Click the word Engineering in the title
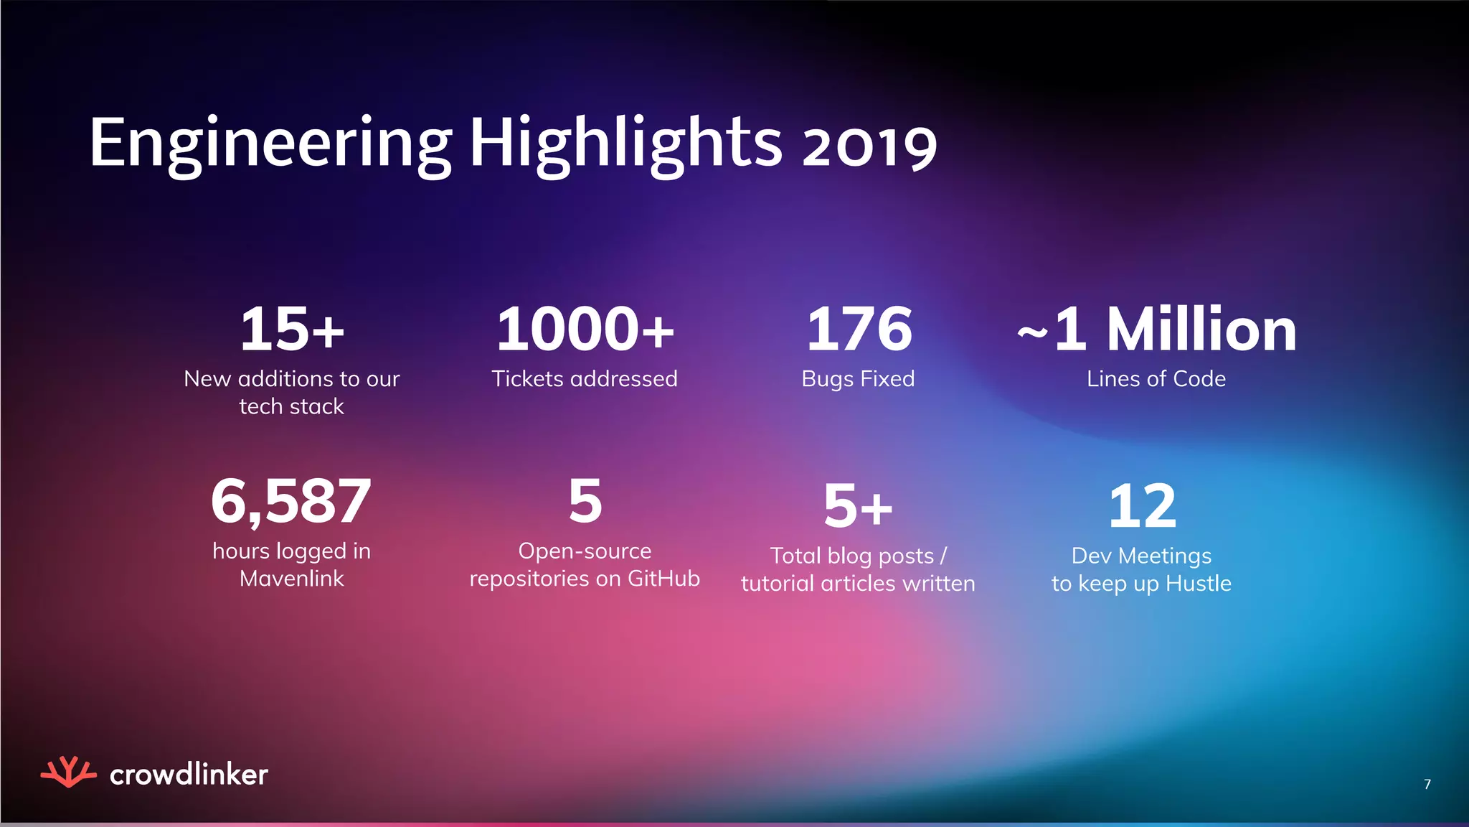click(271, 144)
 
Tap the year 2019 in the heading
click(869, 147)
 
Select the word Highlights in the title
click(625, 144)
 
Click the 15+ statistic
click(292, 330)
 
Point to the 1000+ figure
click(585, 330)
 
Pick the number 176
click(859, 330)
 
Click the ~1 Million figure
click(1157, 330)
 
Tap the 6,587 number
click(291, 502)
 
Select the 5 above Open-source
click(585, 502)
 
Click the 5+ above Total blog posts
click(858, 506)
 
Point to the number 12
click(1142, 506)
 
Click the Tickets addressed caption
click(585, 378)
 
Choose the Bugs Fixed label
click(858, 379)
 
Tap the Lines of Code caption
click(1156, 378)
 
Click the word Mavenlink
click(291, 579)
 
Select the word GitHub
click(663, 579)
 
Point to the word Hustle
click(1199, 584)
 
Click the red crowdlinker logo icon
click(68, 772)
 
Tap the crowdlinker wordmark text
click(189, 775)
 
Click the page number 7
click(1427, 784)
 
